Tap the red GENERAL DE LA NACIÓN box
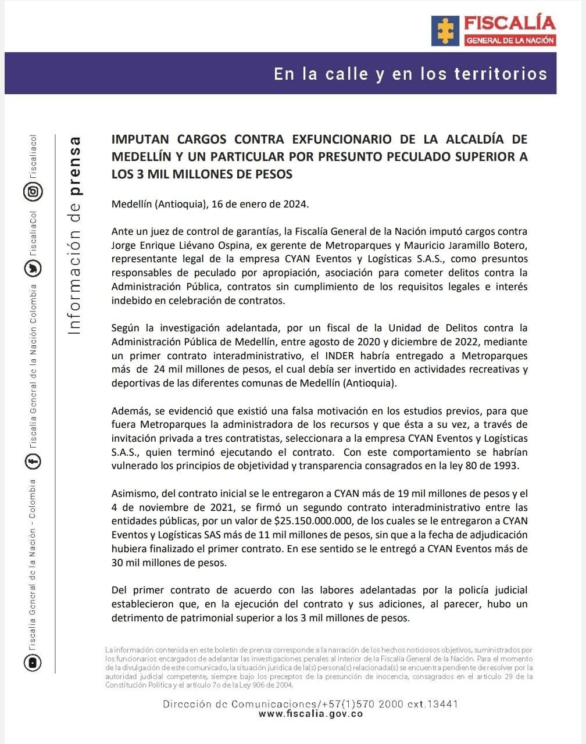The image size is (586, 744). click(x=510, y=40)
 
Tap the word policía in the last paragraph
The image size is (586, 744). click(x=469, y=591)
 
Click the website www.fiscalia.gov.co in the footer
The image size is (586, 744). click(x=311, y=714)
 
